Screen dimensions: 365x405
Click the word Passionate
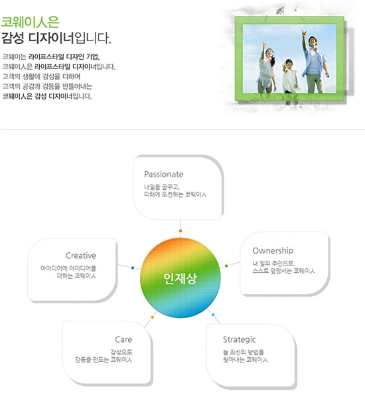[164, 174]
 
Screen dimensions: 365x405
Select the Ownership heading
[273, 250]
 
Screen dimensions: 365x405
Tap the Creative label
[81, 256]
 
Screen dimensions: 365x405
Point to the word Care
[123, 339]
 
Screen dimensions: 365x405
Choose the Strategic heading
[240, 339]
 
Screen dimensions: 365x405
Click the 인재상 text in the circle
[180, 278]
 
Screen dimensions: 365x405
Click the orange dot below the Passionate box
[181, 230]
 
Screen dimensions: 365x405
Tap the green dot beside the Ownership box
[226, 266]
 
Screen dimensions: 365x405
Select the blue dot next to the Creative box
[133, 268]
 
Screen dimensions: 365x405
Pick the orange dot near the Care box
[152, 317]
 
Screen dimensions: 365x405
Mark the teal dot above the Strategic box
[213, 315]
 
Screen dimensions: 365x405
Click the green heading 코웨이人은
[31, 22]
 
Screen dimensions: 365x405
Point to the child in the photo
[289, 76]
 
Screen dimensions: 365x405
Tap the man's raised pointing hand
[304, 33]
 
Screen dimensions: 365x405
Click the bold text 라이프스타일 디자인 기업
[64, 56]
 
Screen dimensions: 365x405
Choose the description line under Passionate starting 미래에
[175, 195]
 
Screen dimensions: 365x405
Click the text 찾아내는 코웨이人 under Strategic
[246, 360]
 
